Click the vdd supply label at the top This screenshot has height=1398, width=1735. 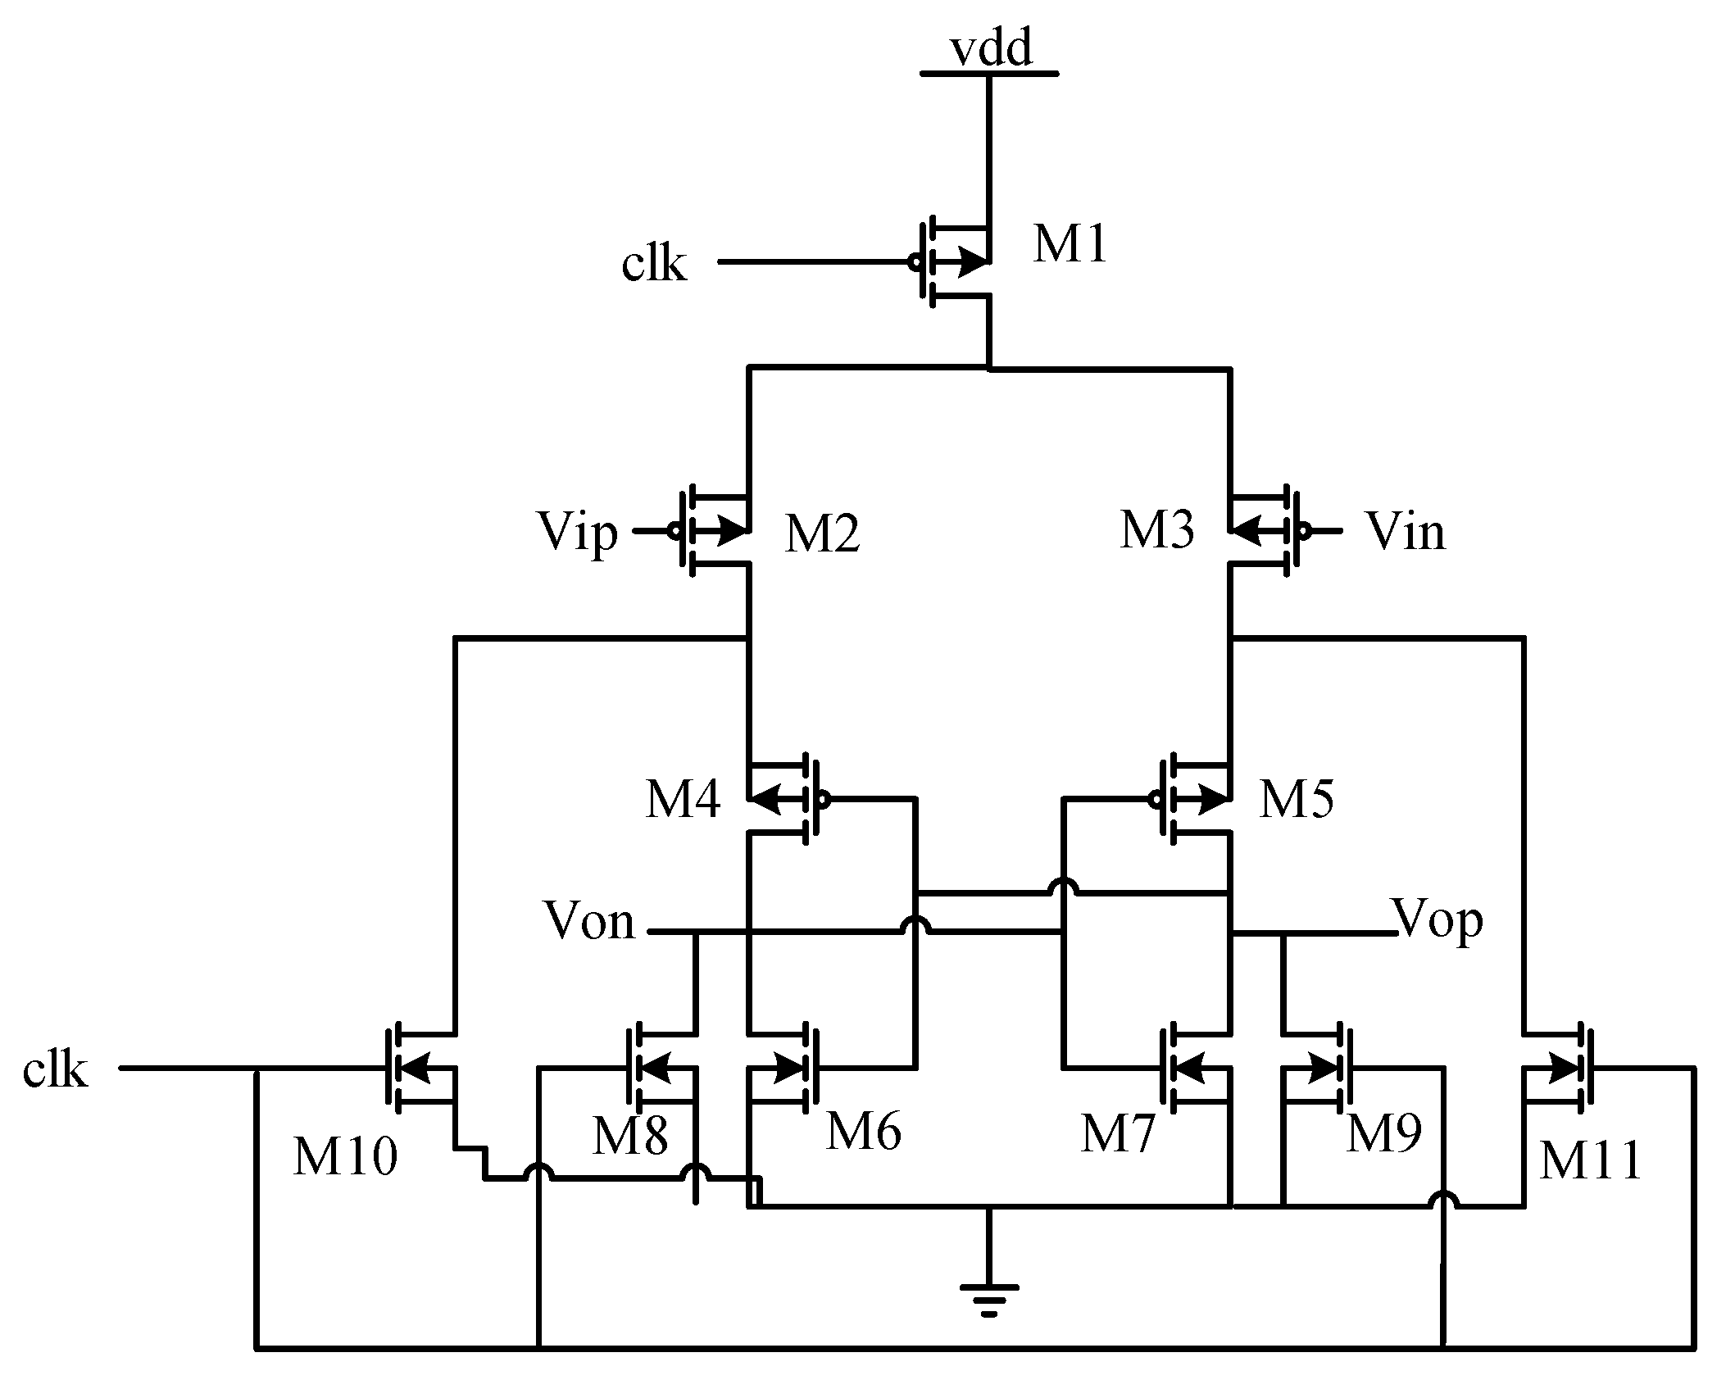pos(991,48)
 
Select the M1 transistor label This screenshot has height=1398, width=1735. pos(1070,244)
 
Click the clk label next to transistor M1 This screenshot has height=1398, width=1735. pos(653,264)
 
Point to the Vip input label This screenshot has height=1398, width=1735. pos(577,533)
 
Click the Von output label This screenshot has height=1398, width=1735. pos(588,921)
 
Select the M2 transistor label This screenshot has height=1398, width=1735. pos(822,534)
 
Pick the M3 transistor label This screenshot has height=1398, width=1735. pos(1156,530)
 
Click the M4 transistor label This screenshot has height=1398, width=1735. pos(683,800)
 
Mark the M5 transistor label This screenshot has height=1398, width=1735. pos(1297,799)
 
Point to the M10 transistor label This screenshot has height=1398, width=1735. pos(345,1157)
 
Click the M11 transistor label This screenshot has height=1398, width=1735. pos(1590,1161)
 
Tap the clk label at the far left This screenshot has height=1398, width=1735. pos(55,1069)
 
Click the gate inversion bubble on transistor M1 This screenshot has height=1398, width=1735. pos(914,263)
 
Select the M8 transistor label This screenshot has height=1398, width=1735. pos(629,1137)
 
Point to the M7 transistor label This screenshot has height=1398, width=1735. pos(1117,1135)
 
